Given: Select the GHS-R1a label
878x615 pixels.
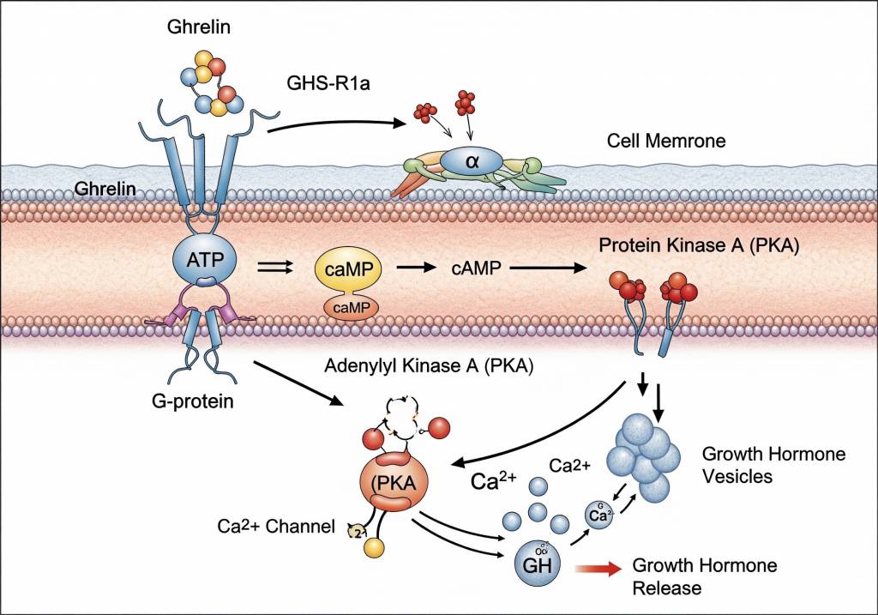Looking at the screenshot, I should (x=326, y=85).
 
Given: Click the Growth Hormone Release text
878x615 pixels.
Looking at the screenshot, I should (x=704, y=576).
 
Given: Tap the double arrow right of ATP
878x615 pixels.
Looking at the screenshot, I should (x=274, y=268).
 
